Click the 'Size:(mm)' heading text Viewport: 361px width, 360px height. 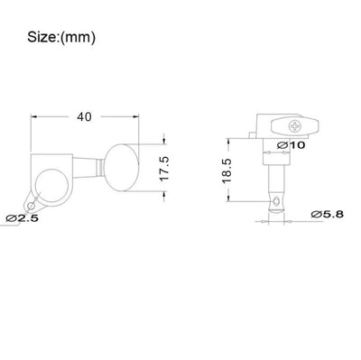tap(61, 38)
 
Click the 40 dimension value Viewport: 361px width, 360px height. tap(84, 117)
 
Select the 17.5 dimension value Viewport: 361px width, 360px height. tap(165, 169)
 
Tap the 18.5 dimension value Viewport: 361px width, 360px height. tap(227, 171)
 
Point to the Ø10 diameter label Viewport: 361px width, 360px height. tap(291, 145)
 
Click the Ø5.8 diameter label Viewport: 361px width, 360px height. tap(327, 214)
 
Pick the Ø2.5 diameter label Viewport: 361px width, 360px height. tap(22, 218)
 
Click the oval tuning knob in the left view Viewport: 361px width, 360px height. tap(122, 167)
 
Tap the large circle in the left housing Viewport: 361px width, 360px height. tap(51, 185)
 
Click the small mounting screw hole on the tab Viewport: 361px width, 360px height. tap(31, 206)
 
